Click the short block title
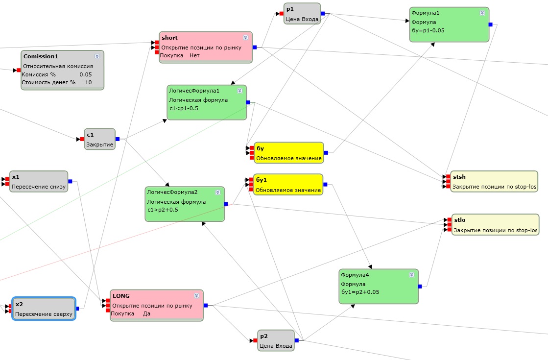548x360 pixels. click(169, 38)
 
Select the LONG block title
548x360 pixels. click(121, 295)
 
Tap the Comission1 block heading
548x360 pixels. click(44, 56)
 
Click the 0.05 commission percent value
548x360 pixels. click(86, 74)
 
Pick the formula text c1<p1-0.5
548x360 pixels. click(184, 108)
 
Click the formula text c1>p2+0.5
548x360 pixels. click(162, 210)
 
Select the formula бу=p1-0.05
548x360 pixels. click(428, 30)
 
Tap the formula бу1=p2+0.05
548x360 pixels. click(360, 292)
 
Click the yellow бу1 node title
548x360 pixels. click(261, 180)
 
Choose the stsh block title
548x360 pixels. click(459, 177)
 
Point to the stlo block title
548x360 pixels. click(459, 220)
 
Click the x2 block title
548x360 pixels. click(19, 304)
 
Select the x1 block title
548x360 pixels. click(16, 177)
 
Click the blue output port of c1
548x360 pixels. click(118, 139)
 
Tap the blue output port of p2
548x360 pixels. click(297, 340)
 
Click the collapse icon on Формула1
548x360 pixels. click(482, 13)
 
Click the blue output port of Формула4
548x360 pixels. click(420, 287)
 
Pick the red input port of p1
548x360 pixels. click(282, 14)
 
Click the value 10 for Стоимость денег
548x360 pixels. click(88, 82)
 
